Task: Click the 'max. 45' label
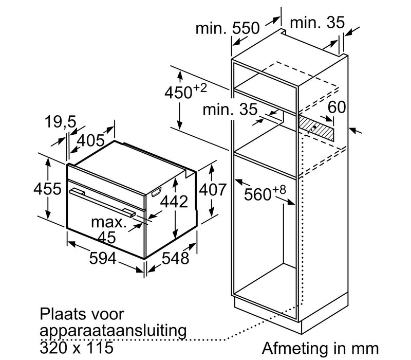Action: [x=109, y=230]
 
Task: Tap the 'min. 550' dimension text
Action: [x=228, y=28]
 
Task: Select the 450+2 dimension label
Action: [x=185, y=91]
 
